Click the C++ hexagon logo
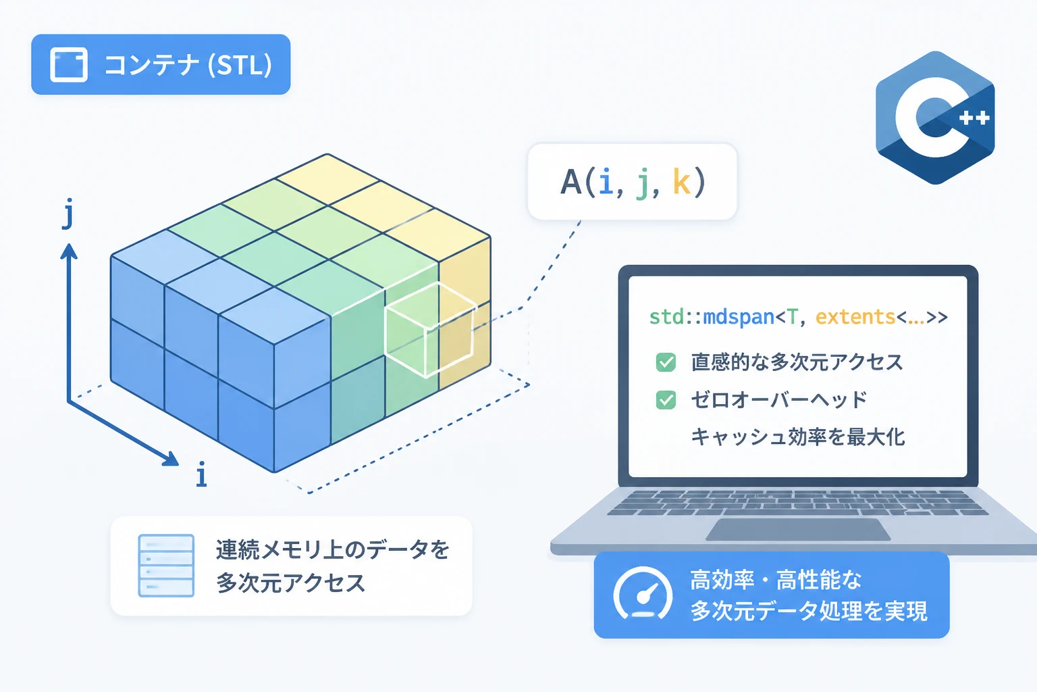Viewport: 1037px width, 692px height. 935,118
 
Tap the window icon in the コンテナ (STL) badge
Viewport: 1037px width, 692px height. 68,64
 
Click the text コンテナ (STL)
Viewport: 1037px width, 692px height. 188,64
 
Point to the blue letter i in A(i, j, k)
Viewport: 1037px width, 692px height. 606,182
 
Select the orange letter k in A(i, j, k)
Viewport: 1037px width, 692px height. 681,181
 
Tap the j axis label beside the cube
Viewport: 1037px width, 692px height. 68,213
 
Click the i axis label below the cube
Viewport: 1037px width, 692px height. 201,474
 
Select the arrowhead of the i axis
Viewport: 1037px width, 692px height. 171,459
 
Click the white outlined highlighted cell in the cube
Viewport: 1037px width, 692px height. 430,330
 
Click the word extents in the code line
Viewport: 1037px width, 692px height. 855,317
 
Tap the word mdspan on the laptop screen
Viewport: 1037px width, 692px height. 739,318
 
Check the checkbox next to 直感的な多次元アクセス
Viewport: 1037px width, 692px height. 666,362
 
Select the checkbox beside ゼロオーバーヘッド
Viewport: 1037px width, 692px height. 666,399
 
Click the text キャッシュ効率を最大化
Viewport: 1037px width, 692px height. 797,437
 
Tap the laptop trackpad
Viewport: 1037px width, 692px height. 797,529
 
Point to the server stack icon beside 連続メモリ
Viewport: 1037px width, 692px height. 166,566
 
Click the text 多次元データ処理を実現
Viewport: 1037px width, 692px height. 809,611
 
